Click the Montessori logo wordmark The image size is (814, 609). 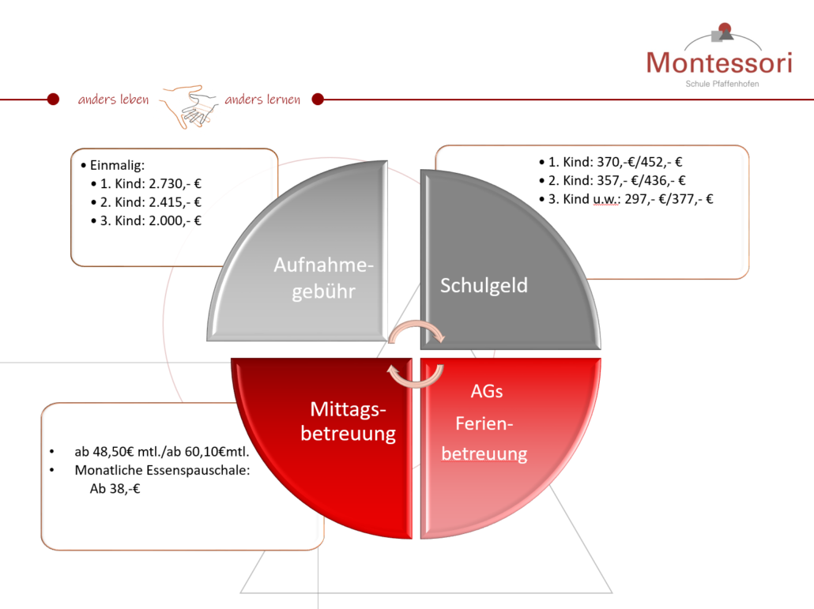point(719,62)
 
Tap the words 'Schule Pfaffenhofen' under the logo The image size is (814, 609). point(722,84)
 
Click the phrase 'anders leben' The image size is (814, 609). point(113,99)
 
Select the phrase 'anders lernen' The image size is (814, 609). point(262,99)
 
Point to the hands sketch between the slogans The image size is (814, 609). point(188,107)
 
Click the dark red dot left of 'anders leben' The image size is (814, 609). point(53,99)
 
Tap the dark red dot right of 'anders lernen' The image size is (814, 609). point(318,99)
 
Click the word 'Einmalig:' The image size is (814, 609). point(117,165)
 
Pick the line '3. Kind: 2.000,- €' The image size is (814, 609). point(150,221)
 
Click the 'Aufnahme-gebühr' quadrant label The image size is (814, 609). point(323,278)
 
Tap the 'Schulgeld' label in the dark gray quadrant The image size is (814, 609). point(484,286)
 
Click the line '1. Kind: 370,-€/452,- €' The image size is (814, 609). point(615,163)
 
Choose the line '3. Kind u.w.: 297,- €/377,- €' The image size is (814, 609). point(631,199)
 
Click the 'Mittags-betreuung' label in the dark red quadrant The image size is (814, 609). point(349,421)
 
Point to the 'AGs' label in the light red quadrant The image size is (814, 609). point(487,391)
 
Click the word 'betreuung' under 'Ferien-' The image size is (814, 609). point(484,454)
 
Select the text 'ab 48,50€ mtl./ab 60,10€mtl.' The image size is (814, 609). point(162,452)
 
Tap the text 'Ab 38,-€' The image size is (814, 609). point(115,489)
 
